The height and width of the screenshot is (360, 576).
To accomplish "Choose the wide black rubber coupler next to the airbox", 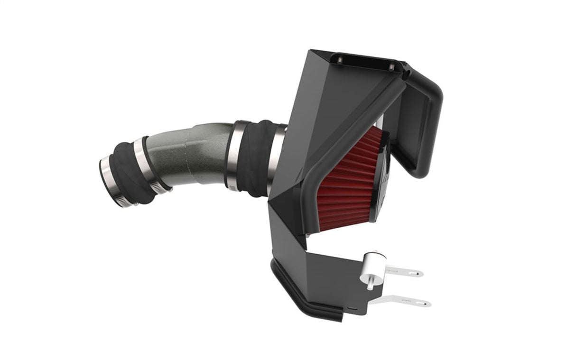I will [x=254, y=157].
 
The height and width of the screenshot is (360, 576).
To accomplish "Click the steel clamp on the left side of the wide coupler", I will [x=232, y=154].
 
